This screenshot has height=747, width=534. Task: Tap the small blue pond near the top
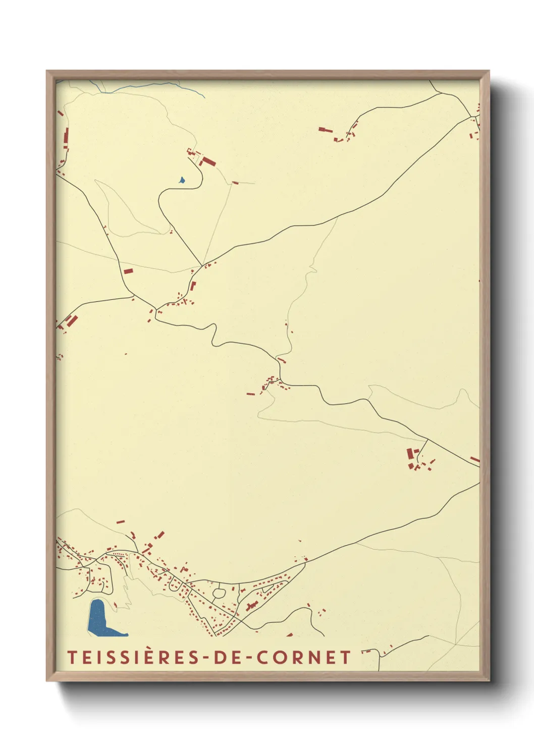182,180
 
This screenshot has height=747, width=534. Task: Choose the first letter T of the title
72,658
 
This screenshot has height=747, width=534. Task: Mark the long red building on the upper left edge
66,137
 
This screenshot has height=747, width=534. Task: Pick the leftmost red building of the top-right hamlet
325,130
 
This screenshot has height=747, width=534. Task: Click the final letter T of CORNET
346,658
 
